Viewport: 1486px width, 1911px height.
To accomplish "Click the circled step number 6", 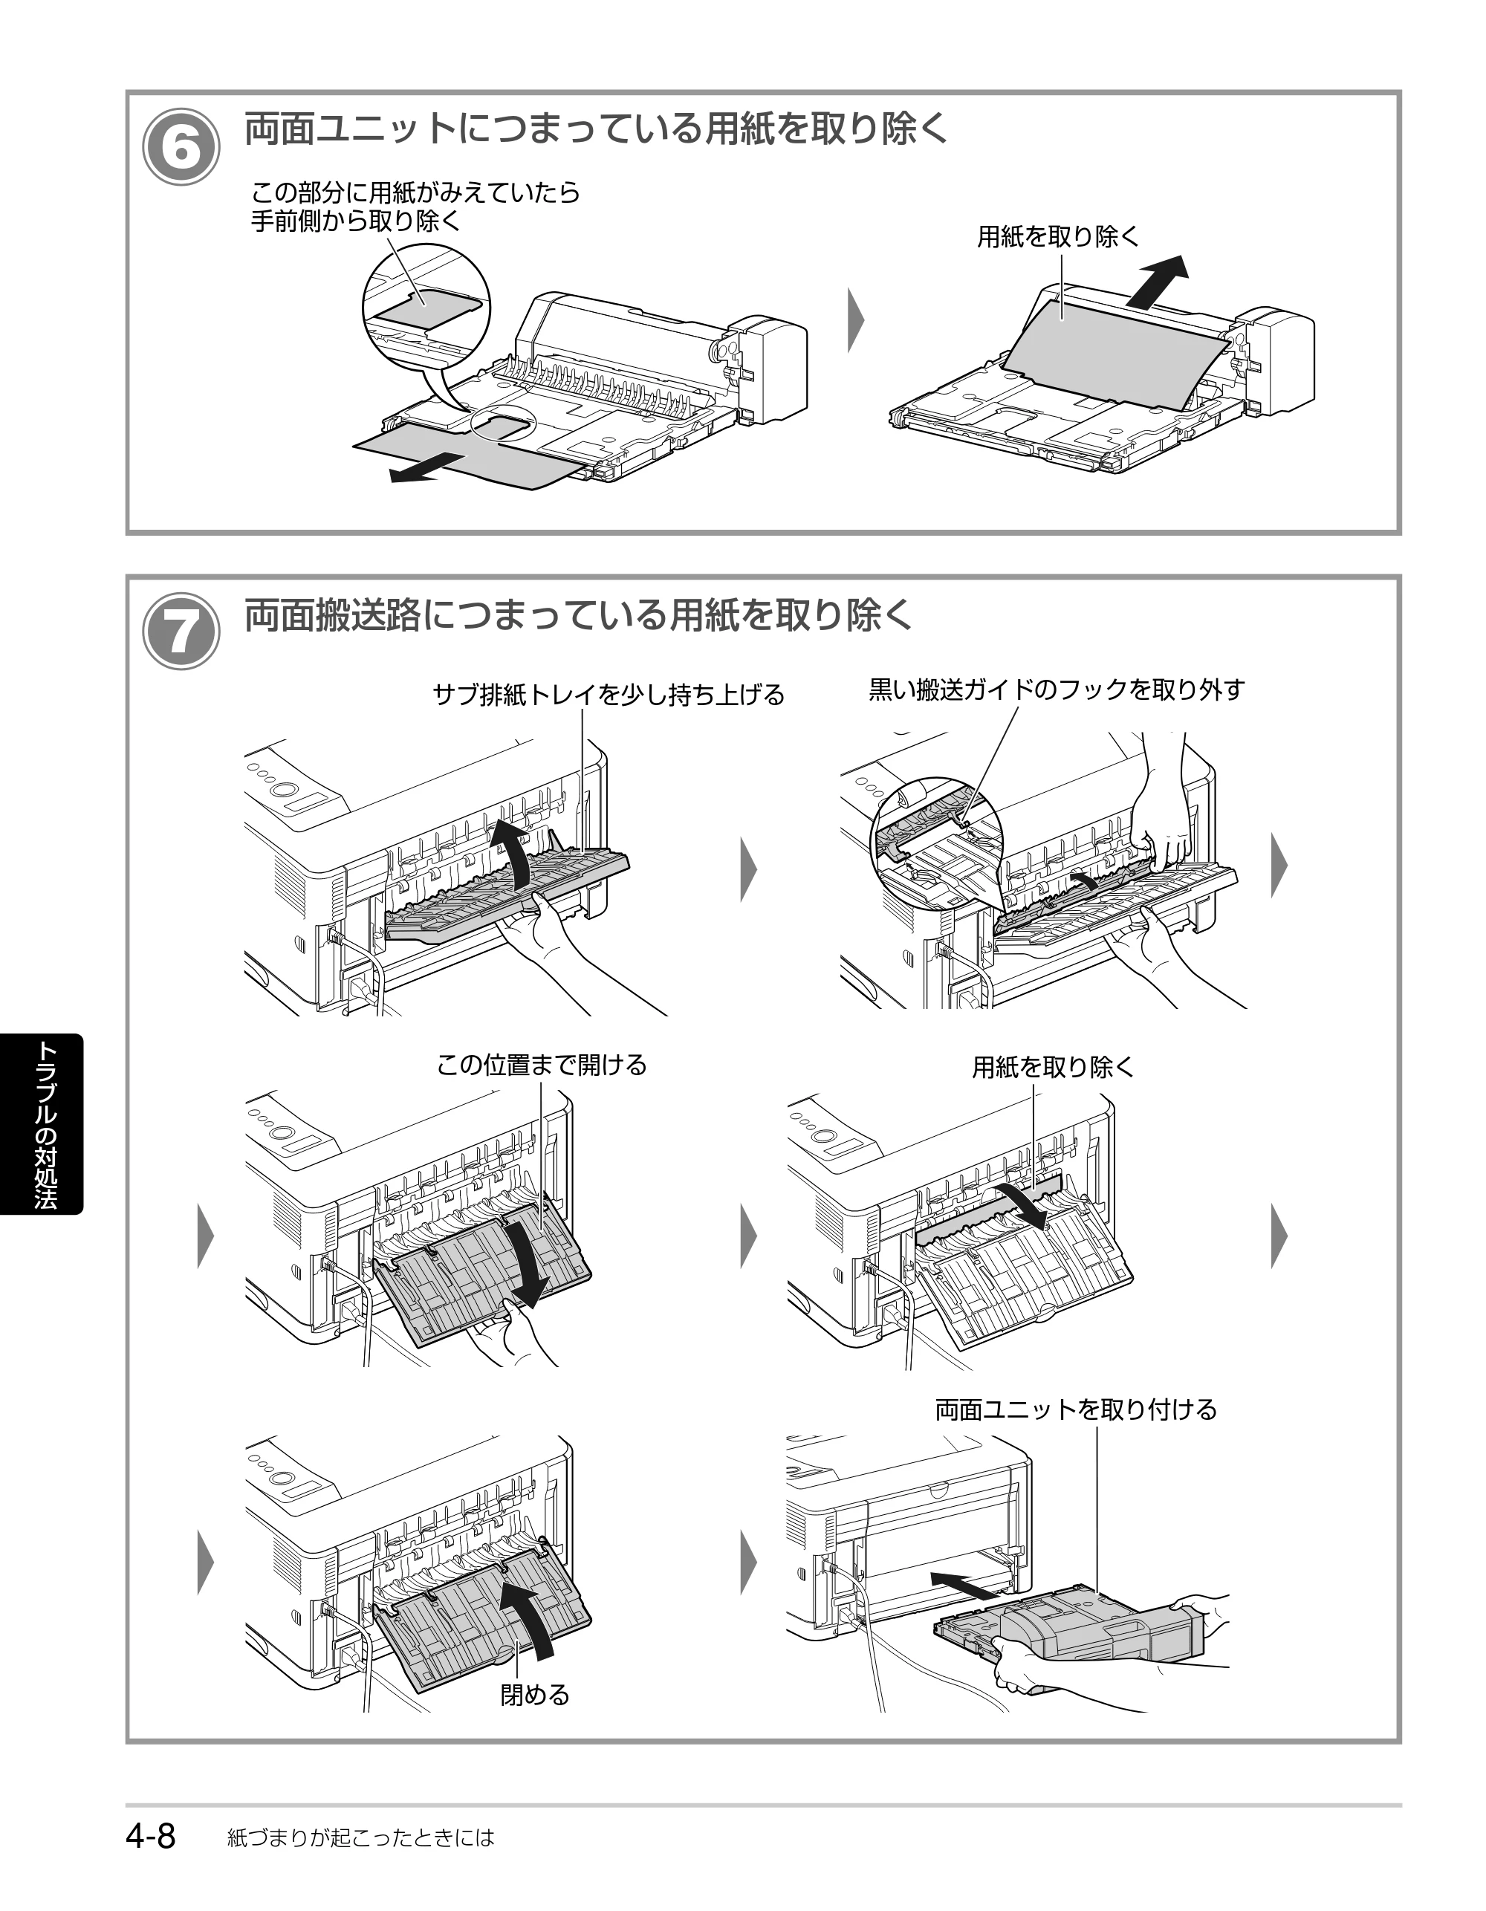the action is point(181,147).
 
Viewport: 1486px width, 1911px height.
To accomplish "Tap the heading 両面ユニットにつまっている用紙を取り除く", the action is point(596,129).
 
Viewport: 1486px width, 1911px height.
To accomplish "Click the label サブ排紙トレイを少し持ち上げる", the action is point(609,695).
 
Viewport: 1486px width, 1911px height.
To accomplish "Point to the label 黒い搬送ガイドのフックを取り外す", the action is point(1057,690).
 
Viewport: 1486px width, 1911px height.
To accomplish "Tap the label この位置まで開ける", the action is point(542,1065).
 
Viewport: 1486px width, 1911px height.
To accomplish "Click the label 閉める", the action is point(535,1695).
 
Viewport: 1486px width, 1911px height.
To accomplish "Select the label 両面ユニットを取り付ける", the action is point(1077,1409).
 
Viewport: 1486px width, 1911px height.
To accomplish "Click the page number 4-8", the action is point(152,1836).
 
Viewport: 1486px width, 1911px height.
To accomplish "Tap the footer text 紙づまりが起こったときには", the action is point(360,1837).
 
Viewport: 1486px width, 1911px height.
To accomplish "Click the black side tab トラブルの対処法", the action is point(42,1124).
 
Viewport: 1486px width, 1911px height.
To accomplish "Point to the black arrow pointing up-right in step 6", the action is point(1158,281).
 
